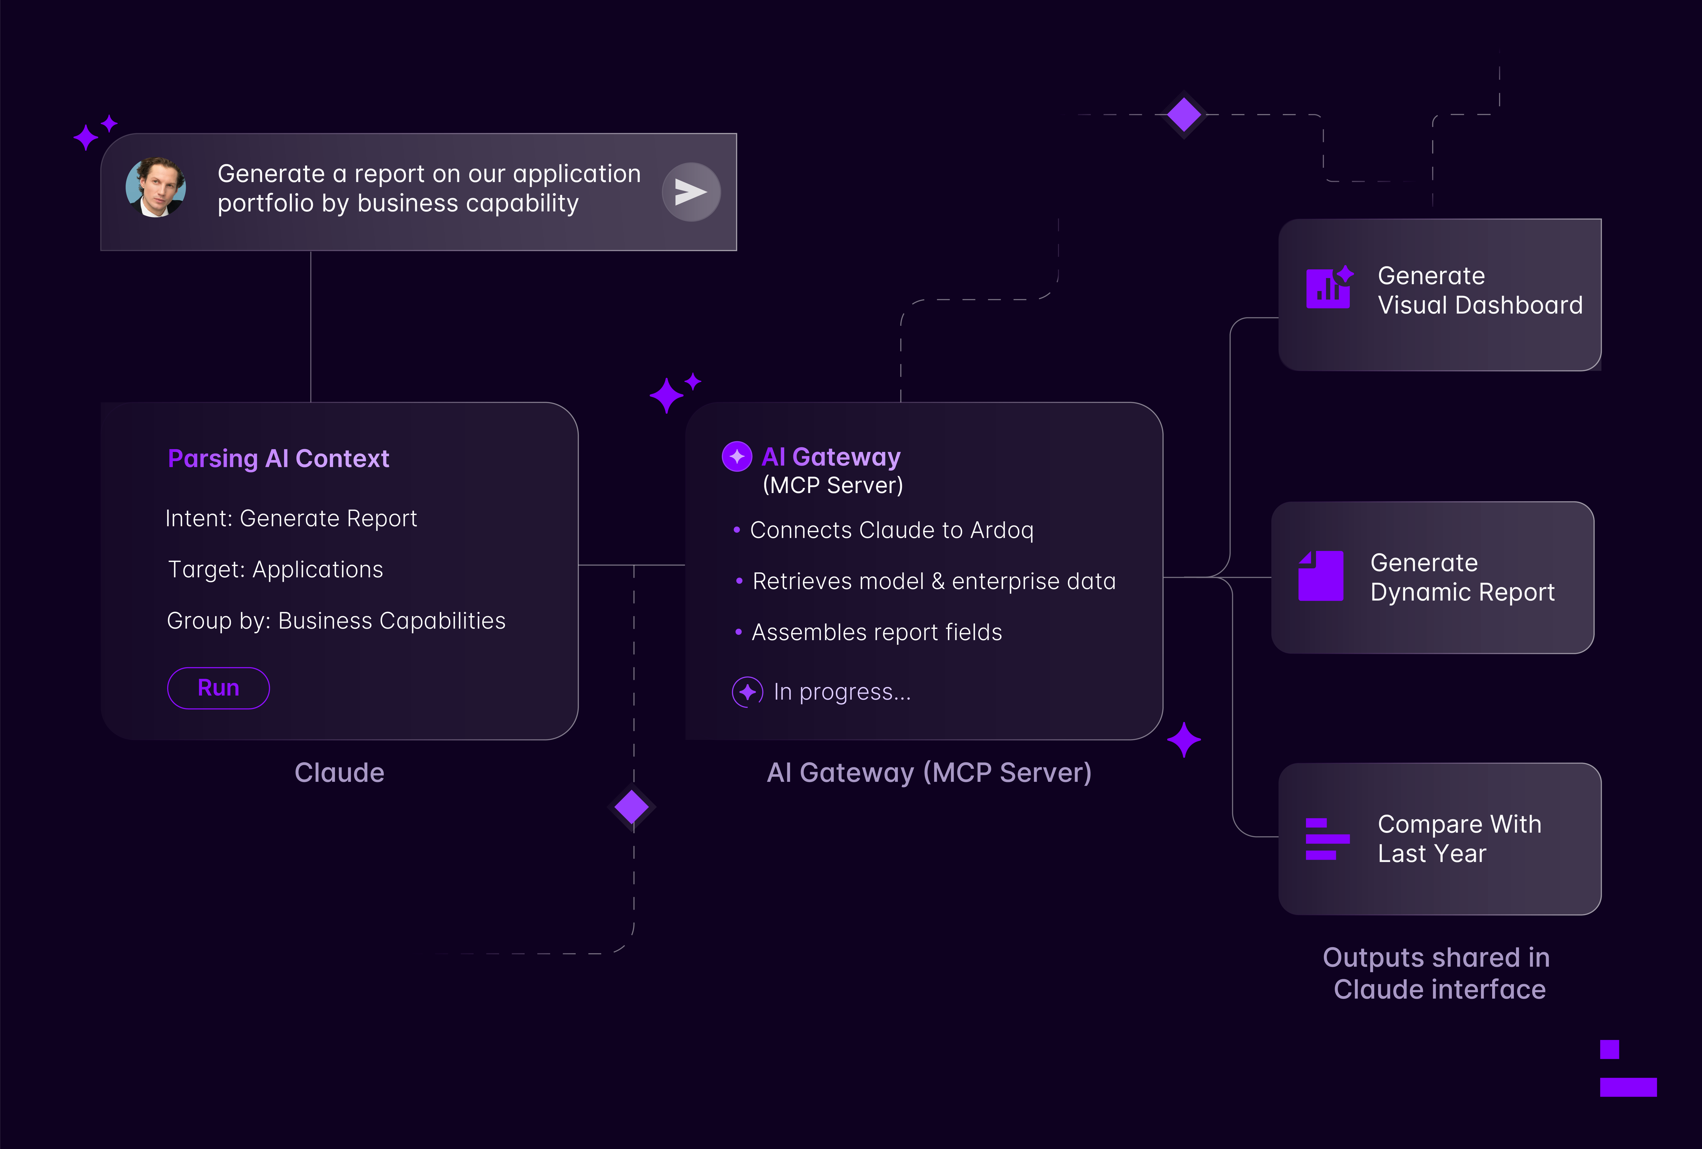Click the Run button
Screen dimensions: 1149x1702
click(218, 688)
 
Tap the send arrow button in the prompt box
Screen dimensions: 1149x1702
click(691, 192)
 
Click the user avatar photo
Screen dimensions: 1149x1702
click(156, 187)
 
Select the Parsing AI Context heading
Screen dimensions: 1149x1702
click(278, 458)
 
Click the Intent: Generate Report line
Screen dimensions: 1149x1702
click(291, 519)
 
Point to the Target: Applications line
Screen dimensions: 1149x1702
click(275, 570)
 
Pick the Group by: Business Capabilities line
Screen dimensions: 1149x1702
click(336, 621)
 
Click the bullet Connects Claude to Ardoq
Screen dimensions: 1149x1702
click(891, 530)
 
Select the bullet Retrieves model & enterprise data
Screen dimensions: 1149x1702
click(934, 581)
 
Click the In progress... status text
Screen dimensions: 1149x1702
click(842, 692)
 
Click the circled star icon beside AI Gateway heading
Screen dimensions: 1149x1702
click(737, 457)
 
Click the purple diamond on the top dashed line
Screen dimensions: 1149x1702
click(1184, 115)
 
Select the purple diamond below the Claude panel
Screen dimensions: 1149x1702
click(631, 807)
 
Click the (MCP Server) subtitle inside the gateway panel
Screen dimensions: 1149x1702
click(833, 486)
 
